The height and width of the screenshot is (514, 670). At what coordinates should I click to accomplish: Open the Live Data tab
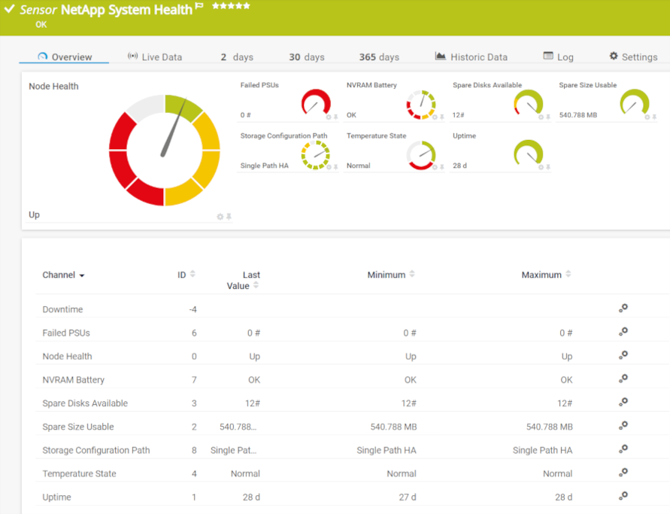click(x=155, y=57)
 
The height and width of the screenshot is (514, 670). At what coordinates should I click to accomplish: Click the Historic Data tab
click(x=471, y=57)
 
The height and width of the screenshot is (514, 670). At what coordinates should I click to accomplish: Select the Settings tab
click(x=633, y=57)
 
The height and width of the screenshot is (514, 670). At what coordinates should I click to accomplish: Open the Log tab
click(x=558, y=57)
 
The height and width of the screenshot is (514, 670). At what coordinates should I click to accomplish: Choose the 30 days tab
click(x=307, y=57)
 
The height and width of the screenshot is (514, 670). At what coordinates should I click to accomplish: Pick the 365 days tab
click(x=379, y=57)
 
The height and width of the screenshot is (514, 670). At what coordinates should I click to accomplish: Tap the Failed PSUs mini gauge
click(x=316, y=103)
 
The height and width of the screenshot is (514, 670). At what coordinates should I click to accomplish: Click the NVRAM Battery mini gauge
click(x=421, y=105)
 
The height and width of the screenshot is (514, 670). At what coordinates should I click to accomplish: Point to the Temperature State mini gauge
click(x=421, y=155)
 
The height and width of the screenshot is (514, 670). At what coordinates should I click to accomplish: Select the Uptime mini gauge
click(x=528, y=154)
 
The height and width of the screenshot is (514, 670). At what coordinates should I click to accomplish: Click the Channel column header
click(x=63, y=275)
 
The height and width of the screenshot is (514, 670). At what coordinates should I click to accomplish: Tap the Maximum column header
click(x=541, y=275)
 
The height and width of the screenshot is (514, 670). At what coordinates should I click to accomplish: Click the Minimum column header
click(x=387, y=275)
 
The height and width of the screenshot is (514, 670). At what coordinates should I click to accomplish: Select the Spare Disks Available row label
click(x=85, y=403)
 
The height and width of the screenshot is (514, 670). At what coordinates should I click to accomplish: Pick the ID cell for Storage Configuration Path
click(x=194, y=450)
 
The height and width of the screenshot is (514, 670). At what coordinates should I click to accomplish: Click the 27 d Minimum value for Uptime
click(x=408, y=497)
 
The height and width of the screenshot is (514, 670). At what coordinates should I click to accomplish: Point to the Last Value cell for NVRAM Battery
click(x=253, y=380)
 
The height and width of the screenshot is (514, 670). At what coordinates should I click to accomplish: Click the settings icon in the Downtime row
click(x=623, y=309)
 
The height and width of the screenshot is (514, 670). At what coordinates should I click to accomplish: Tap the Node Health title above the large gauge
click(x=53, y=87)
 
